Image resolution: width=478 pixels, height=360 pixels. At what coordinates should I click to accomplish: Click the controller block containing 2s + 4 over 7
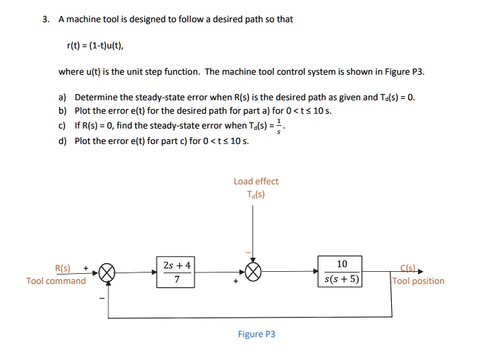[x=176, y=272]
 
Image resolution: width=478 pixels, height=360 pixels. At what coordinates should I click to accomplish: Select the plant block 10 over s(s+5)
[x=341, y=271]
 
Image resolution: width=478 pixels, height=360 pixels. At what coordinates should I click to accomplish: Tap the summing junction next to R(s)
[x=107, y=272]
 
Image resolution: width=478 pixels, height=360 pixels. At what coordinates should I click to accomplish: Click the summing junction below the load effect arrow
[x=252, y=272]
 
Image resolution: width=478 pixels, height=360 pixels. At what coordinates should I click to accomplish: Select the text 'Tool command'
[x=56, y=281]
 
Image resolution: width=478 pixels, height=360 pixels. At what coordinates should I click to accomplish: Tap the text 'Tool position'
[x=418, y=281]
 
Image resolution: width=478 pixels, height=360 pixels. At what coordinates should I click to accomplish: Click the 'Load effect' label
[x=256, y=181]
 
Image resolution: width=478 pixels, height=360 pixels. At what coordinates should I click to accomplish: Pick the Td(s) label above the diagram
[x=256, y=194]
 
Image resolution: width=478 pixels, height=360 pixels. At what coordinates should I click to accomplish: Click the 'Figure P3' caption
[x=257, y=334]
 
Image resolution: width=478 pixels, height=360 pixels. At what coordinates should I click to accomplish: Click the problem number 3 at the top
[x=44, y=19]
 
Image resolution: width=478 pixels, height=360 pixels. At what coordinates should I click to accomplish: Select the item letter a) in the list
[x=63, y=97]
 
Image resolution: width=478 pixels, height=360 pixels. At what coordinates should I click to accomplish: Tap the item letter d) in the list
[x=63, y=141]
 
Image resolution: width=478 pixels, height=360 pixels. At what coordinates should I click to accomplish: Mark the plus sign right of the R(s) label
[x=86, y=267]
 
